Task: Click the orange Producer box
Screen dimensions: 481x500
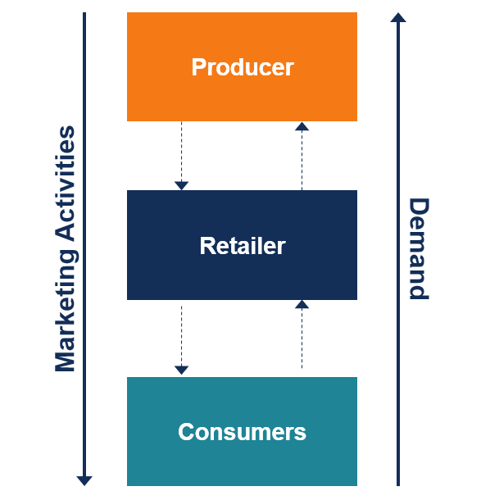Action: [x=242, y=66]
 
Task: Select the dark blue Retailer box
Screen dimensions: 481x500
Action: [x=242, y=245]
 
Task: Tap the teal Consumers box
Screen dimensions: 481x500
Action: [x=242, y=431]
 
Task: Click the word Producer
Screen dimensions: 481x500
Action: [x=243, y=67]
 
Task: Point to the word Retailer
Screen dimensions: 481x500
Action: [x=243, y=246]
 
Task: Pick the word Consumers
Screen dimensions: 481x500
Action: [x=242, y=432]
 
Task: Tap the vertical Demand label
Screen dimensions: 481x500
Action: [x=419, y=248]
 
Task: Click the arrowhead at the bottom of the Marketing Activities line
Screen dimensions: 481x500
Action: [x=84, y=480]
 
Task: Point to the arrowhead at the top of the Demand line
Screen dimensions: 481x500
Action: [x=398, y=17]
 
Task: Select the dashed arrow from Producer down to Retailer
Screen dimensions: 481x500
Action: [x=181, y=156]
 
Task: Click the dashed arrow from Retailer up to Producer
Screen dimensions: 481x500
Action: [x=302, y=156]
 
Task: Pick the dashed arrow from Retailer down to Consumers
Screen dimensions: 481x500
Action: [x=181, y=340]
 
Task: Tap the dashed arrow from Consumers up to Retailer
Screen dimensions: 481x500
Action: [x=302, y=334]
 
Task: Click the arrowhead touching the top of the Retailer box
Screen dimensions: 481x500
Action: [x=181, y=185]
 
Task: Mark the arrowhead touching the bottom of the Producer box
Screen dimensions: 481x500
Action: [x=302, y=126]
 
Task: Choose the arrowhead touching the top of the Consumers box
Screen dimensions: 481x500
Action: [x=181, y=370]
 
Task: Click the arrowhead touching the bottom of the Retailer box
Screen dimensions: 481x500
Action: [x=302, y=305]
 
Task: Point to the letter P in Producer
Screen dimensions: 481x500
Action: [x=199, y=67]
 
